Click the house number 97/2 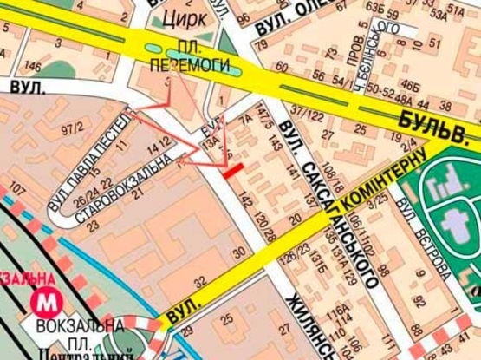(75, 129)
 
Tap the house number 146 (33, 66)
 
